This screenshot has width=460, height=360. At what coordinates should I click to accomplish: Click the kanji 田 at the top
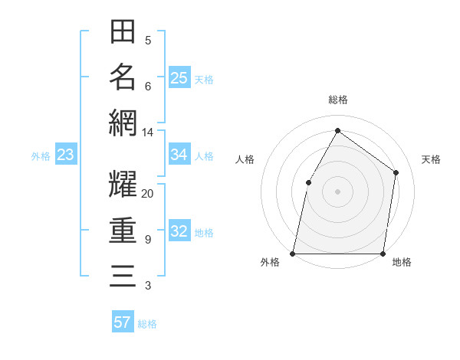(x=123, y=32)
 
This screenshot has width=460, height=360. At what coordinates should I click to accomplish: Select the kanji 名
(x=123, y=77)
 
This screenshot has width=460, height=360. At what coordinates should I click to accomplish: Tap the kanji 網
(x=123, y=123)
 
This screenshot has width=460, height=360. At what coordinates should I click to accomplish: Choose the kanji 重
(x=123, y=230)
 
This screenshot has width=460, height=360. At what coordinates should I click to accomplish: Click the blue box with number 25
(x=179, y=78)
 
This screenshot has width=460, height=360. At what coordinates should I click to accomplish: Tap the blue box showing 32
(x=179, y=232)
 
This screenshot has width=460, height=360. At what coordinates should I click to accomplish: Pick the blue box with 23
(x=66, y=155)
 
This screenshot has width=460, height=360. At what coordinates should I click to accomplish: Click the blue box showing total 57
(x=123, y=322)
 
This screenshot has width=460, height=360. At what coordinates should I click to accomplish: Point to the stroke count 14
(x=147, y=133)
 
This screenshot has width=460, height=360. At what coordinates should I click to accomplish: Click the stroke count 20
(x=147, y=194)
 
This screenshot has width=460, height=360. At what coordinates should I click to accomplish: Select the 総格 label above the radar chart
(x=337, y=100)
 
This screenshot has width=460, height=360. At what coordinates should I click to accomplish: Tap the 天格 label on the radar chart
(x=431, y=159)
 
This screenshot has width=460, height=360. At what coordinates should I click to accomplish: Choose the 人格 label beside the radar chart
(x=245, y=159)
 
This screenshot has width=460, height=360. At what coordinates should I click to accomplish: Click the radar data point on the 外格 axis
(x=293, y=253)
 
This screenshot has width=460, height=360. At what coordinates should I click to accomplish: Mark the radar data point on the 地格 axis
(x=383, y=253)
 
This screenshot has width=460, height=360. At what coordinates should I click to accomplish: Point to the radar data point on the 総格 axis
(x=337, y=130)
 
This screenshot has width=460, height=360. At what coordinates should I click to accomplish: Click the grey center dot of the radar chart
(x=337, y=191)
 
